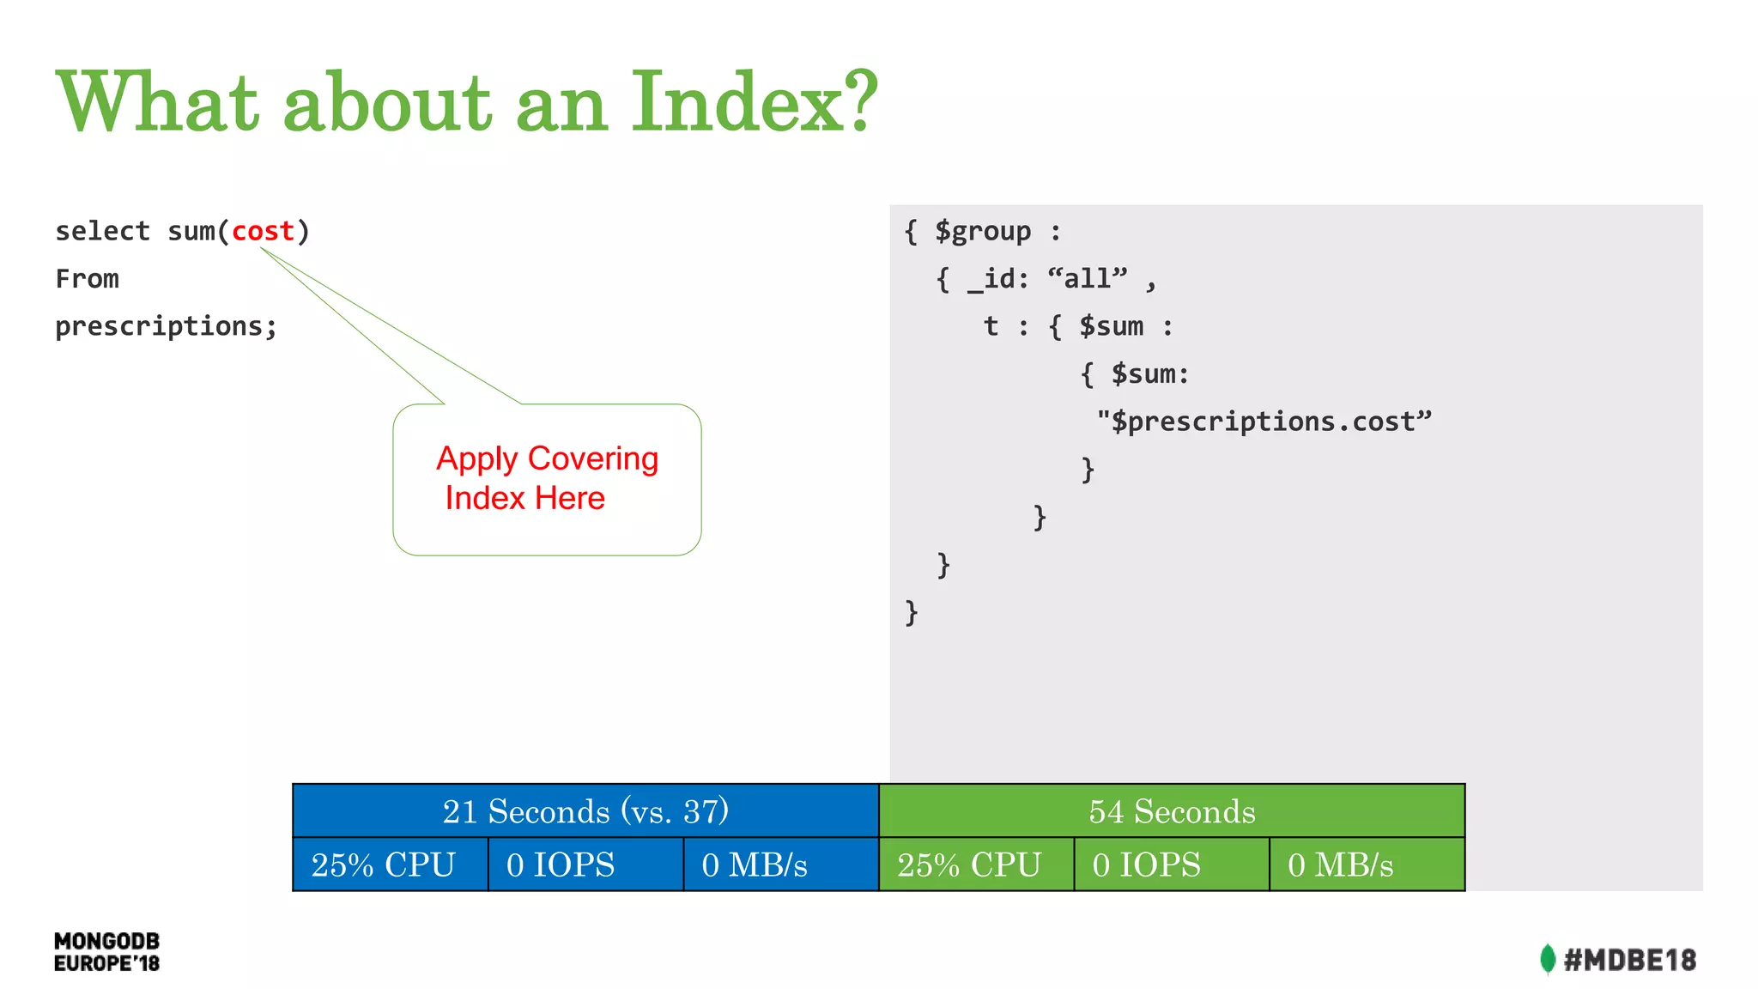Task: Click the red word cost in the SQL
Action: (263, 231)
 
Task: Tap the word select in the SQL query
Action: (102, 231)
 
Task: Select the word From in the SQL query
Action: (87, 279)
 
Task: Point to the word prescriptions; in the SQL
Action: (166, 327)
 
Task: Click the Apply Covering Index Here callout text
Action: (547, 478)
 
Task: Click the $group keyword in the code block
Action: (982, 231)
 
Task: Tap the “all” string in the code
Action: (1087, 279)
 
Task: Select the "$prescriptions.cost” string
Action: (1264, 422)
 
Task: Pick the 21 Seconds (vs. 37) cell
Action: (585, 811)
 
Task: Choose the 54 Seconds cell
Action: (1172, 811)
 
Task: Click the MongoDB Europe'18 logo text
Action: (106, 952)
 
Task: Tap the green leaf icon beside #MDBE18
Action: (1547, 959)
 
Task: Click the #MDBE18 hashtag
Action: (1629, 960)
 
